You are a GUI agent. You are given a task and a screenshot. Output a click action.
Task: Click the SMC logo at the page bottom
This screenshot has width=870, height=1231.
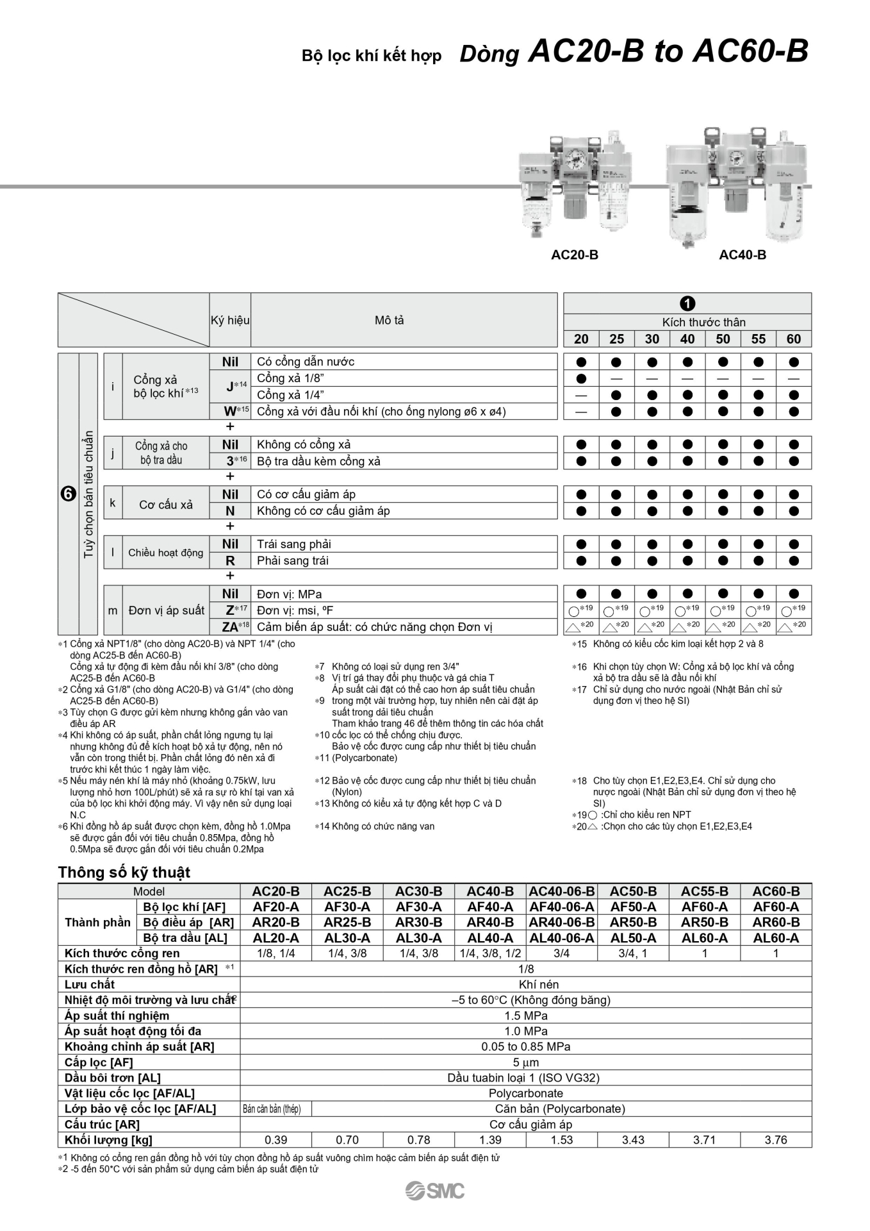pos(435,1191)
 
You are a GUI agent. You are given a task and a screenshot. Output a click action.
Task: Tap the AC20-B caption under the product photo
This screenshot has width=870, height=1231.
pos(574,255)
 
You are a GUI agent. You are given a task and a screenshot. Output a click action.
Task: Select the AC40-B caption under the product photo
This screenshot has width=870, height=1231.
pos(742,255)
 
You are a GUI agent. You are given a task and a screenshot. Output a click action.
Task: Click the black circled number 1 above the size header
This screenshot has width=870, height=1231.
pos(687,303)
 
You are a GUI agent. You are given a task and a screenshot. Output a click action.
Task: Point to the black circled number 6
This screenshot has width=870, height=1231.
pos(68,494)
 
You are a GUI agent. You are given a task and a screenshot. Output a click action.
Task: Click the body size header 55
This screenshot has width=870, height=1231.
pos(758,339)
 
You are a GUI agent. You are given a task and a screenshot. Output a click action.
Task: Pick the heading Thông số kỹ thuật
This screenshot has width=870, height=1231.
pos(124,872)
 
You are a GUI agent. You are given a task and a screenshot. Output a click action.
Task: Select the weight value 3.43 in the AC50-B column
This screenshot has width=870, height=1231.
pos(633,1140)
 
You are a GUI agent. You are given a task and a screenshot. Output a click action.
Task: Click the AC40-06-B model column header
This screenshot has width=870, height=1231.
pos(561,891)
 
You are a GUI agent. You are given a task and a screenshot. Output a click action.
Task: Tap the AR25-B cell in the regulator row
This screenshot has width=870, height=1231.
pos(347,922)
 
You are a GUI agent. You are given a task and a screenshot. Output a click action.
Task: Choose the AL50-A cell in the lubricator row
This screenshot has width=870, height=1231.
pos(633,937)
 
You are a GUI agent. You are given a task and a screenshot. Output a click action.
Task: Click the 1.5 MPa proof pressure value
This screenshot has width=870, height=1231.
pos(525,1016)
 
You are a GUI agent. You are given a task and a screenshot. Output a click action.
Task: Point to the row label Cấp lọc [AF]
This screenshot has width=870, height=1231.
pos(99,1062)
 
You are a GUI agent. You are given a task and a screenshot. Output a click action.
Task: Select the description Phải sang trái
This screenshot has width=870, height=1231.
pos(293,561)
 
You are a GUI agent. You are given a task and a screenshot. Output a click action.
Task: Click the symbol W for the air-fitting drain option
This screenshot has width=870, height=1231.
pos(229,412)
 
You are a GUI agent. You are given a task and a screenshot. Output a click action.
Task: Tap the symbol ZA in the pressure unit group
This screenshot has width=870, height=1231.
pos(229,627)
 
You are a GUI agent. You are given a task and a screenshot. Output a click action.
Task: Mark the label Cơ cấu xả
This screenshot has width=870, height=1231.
pos(166,505)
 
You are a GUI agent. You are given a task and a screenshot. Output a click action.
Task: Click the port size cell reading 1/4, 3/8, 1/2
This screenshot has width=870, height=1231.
pos(490,953)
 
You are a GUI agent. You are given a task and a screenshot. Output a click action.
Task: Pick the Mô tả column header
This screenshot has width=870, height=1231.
pos(390,321)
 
